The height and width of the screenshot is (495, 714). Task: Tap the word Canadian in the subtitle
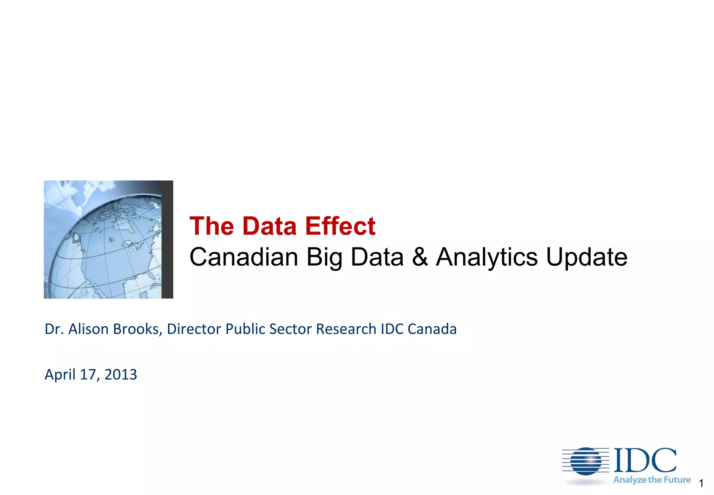pyautogui.click(x=243, y=257)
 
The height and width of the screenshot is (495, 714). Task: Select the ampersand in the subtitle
pyautogui.click(x=420, y=257)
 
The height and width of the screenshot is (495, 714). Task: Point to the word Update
pyautogui.click(x=586, y=257)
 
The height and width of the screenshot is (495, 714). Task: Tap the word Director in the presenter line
pyautogui.click(x=194, y=329)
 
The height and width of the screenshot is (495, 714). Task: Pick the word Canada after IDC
pyautogui.click(x=432, y=329)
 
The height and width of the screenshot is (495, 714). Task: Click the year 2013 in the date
pyautogui.click(x=121, y=375)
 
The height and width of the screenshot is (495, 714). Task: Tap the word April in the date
pyautogui.click(x=60, y=375)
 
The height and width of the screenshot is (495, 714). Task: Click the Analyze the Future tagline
pyautogui.click(x=652, y=480)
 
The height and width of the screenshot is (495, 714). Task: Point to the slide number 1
pyautogui.click(x=701, y=484)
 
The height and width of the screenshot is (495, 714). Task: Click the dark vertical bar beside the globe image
pyautogui.click(x=167, y=239)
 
